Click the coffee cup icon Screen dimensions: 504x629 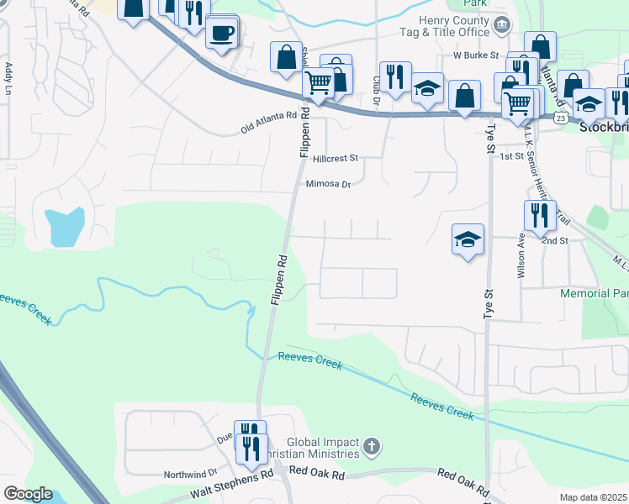[222, 34]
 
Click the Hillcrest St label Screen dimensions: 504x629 [335, 157]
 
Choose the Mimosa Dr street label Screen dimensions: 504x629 [328, 185]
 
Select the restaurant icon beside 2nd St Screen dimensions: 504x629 [539, 216]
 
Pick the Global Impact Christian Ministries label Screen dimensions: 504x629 [324, 448]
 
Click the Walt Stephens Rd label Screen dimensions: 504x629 [232, 475]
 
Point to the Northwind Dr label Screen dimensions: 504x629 [190, 474]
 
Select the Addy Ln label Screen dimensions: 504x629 [8, 78]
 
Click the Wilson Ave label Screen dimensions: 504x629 [521, 255]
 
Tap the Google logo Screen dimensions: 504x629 [28, 493]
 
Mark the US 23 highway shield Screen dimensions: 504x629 [560, 119]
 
